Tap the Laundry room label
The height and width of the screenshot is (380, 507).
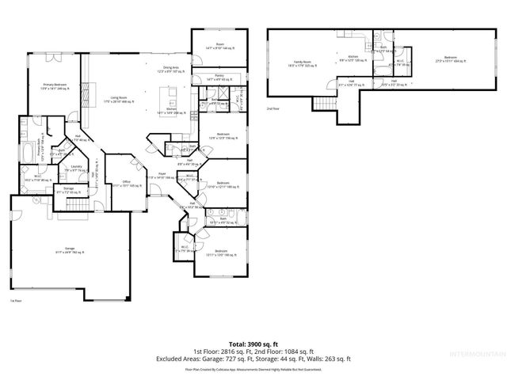(78, 168)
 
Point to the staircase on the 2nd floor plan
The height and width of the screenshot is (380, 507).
(323, 104)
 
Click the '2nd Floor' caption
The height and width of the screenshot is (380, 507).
(273, 108)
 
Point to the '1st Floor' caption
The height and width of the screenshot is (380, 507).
(15, 302)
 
